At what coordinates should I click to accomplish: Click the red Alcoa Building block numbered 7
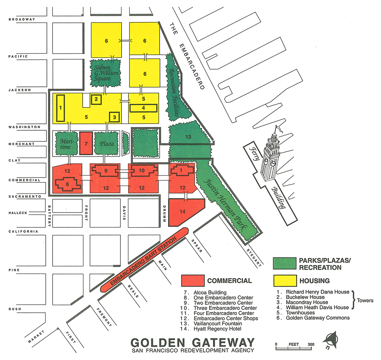[x=86, y=143]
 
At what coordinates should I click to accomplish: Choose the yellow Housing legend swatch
[x=285, y=281]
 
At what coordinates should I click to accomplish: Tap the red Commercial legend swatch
[x=192, y=281]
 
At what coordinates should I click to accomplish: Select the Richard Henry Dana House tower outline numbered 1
[x=60, y=108]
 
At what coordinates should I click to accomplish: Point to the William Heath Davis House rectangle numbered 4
[x=143, y=108]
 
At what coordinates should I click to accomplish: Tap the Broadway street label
[x=21, y=19]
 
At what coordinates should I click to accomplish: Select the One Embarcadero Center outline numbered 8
[x=67, y=184]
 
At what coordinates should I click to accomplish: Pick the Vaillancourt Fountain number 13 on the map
[x=188, y=137]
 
